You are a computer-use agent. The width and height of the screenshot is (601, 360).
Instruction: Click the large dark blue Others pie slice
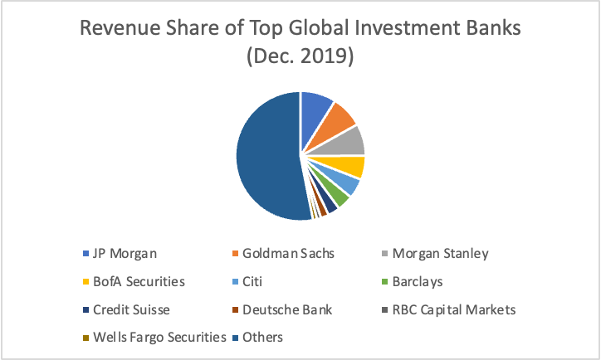click(266, 158)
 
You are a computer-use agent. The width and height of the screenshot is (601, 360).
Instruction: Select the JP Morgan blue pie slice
click(315, 107)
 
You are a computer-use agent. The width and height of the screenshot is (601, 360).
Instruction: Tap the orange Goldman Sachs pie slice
click(340, 119)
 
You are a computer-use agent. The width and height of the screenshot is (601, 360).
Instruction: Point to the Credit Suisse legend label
click(133, 309)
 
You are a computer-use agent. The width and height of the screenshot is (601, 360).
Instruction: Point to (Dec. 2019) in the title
click(300, 58)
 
